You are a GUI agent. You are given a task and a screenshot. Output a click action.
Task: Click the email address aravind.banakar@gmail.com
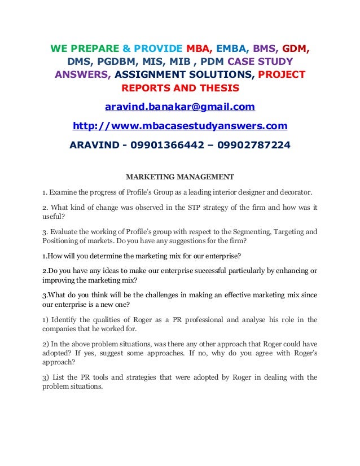(180, 107)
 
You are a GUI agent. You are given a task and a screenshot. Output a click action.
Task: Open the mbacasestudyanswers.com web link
(180, 125)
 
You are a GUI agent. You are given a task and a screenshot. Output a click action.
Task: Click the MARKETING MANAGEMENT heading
(179, 176)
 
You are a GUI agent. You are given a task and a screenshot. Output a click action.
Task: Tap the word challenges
(146, 294)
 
